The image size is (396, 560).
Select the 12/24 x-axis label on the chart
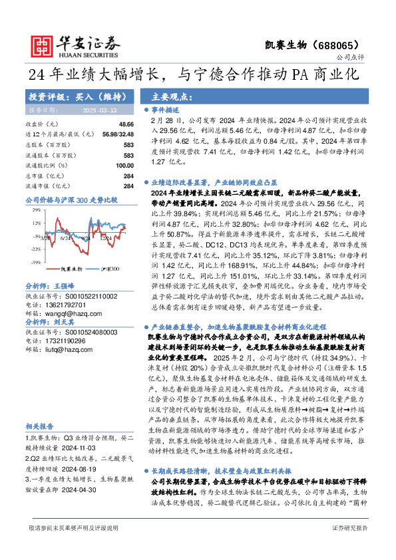click(x=106, y=237)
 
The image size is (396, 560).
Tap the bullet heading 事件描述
click(x=165, y=109)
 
